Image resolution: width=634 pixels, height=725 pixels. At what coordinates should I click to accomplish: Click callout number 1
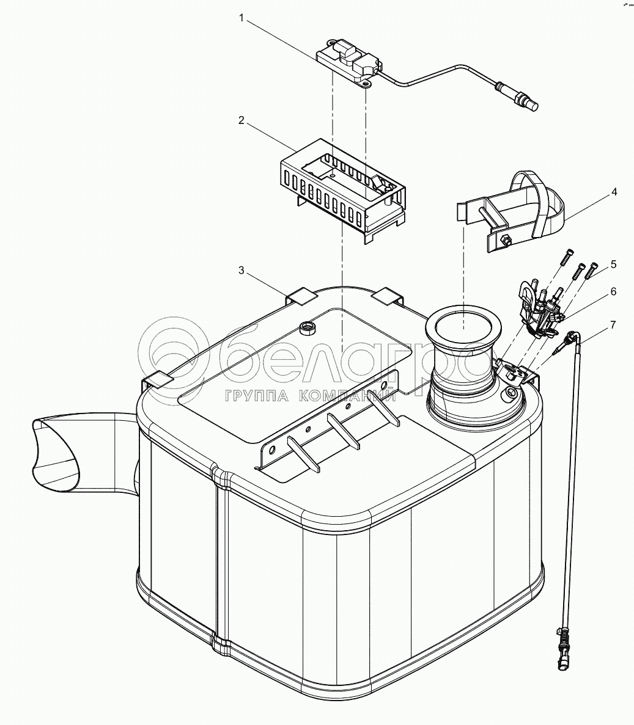pyautogui.click(x=241, y=19)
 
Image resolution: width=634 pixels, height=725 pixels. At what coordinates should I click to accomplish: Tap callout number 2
pyautogui.click(x=241, y=120)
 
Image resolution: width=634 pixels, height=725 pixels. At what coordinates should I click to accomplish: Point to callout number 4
pyautogui.click(x=613, y=192)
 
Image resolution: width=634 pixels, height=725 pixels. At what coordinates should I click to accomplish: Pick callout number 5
pyautogui.click(x=613, y=264)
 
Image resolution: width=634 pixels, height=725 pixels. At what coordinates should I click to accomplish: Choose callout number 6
pyautogui.click(x=613, y=292)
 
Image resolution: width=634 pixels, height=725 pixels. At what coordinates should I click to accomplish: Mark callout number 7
pyautogui.click(x=613, y=323)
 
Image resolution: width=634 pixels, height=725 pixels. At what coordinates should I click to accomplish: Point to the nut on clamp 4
pyautogui.click(x=506, y=240)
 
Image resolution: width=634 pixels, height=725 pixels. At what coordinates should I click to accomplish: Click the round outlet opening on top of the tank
pyautogui.click(x=463, y=326)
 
